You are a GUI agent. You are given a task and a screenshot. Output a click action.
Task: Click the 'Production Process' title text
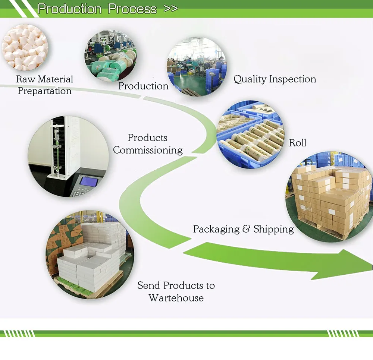point(97,9)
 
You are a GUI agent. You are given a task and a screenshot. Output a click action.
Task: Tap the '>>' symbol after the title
point(170,9)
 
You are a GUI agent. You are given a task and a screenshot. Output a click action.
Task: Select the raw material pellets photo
point(25,48)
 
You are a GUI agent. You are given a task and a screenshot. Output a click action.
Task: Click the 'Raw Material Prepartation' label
point(44,85)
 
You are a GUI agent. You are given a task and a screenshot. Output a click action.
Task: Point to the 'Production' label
point(143,86)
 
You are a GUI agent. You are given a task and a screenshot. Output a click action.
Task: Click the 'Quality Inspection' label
point(275,79)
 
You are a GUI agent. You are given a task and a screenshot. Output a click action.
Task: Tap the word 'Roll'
point(297,143)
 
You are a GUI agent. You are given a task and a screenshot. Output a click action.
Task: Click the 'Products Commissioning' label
point(148,144)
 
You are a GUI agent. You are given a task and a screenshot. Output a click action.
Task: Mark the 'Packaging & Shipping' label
point(243,229)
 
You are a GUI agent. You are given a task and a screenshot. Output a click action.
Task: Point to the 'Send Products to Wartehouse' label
point(176,291)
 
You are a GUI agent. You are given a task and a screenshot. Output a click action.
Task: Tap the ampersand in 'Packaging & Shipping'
point(246,229)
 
